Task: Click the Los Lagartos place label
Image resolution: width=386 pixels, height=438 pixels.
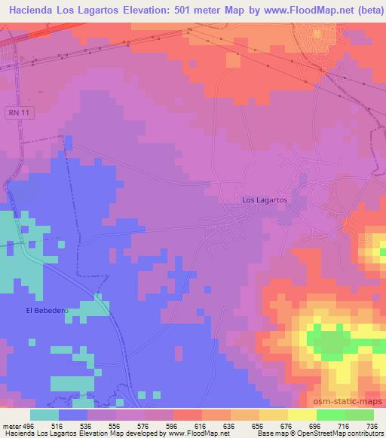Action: [x=264, y=200]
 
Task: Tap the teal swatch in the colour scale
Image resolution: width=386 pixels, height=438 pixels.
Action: [x=44, y=415]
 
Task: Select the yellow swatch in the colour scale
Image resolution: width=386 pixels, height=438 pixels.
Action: [x=302, y=415]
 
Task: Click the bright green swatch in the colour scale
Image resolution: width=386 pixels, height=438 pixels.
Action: [x=330, y=415]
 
